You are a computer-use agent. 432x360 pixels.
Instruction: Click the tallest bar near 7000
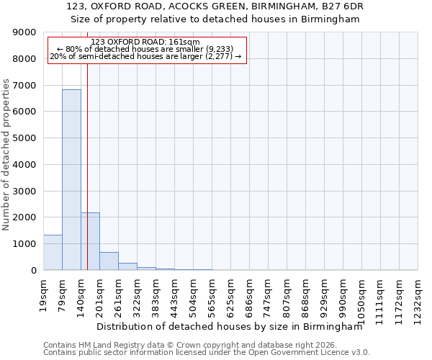[71, 180]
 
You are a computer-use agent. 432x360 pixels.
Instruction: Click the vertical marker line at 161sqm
[87, 144]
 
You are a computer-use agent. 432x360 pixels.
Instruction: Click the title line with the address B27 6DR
[215, 6]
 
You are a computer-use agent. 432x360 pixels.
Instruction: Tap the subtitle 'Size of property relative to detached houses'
[215, 19]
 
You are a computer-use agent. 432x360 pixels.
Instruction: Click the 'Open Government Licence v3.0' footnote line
[206, 353]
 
